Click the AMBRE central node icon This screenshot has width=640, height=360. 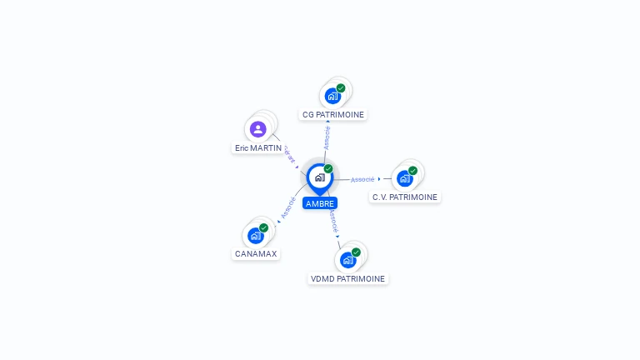click(319, 177)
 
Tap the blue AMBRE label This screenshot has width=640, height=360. click(320, 203)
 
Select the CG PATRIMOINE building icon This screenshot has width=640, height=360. click(332, 96)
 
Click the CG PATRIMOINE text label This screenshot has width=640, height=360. click(333, 114)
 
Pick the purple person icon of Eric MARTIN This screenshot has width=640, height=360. click(258, 129)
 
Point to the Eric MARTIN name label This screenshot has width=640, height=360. click(258, 147)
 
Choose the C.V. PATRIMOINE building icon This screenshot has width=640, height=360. click(404, 178)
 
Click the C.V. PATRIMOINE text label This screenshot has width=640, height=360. click(405, 197)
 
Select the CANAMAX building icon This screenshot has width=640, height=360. click(255, 236)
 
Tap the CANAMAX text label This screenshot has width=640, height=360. click(256, 253)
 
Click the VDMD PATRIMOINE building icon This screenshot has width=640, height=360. click(347, 260)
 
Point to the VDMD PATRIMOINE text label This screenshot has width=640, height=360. click(348, 278)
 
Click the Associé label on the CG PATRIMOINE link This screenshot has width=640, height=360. click(327, 137)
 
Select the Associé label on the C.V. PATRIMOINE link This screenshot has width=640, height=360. click(362, 179)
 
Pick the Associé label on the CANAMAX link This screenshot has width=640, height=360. click(288, 207)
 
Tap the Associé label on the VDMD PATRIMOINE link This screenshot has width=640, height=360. click(332, 221)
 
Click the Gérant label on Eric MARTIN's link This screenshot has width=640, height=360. click(288, 154)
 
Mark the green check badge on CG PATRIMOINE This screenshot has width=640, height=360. click(341, 88)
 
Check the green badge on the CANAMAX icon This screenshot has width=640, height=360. click(263, 227)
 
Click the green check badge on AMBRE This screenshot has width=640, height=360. click(328, 169)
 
